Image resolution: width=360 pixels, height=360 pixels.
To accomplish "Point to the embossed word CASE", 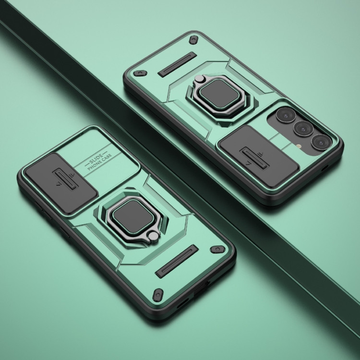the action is pyautogui.click(x=107, y=157).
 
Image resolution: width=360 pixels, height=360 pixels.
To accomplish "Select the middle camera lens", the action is pyautogui.click(x=303, y=129).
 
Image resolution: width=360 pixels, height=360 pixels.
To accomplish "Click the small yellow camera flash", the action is pyautogui.click(x=299, y=145).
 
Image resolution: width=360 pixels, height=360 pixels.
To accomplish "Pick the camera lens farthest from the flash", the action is pyautogui.click(x=285, y=115).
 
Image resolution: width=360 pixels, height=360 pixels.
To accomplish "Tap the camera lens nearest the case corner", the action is pyautogui.click(x=321, y=142).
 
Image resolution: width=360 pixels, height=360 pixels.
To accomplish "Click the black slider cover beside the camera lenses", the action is pyautogui.click(x=258, y=156).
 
